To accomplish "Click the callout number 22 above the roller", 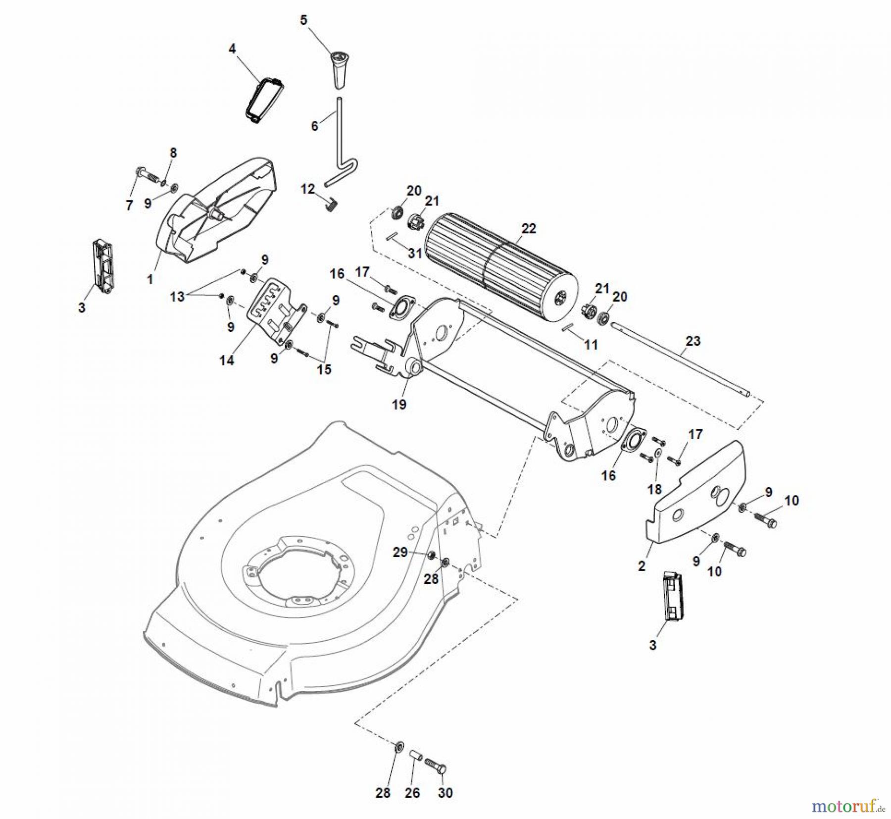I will pyautogui.click(x=529, y=229).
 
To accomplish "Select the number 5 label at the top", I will pyautogui.click(x=303, y=20).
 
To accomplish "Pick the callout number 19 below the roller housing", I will pyautogui.click(x=399, y=405).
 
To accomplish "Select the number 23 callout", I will pyautogui.click(x=693, y=341).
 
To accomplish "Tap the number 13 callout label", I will pyautogui.click(x=177, y=297).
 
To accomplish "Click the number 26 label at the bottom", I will pyautogui.click(x=412, y=793).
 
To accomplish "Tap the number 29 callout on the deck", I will pyautogui.click(x=400, y=552).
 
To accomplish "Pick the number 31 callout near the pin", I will pyautogui.click(x=415, y=253).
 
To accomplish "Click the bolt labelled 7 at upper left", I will pyautogui.click(x=145, y=174).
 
